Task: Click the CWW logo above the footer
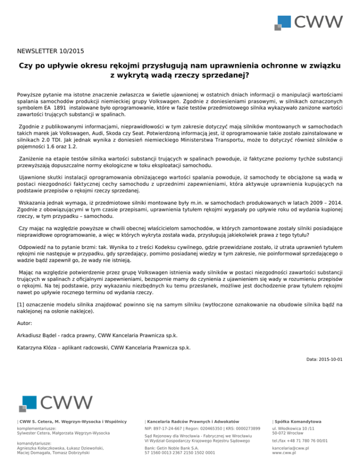[56, 403]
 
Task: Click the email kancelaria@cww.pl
[290, 448]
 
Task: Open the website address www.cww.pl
[284, 453]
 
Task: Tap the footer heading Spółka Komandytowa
[297, 421]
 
